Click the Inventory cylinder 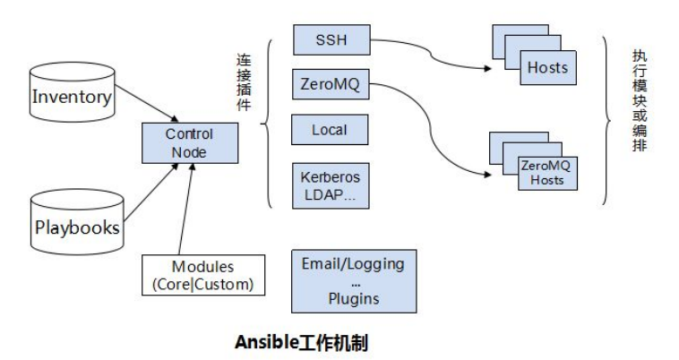pyautogui.click(x=72, y=97)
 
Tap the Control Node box pyautogui.click(x=189, y=143)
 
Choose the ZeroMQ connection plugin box pyautogui.click(x=331, y=86)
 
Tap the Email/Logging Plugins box pyautogui.click(x=354, y=280)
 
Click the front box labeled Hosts pyautogui.click(x=546, y=68)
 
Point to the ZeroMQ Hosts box pyautogui.click(x=546, y=172)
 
